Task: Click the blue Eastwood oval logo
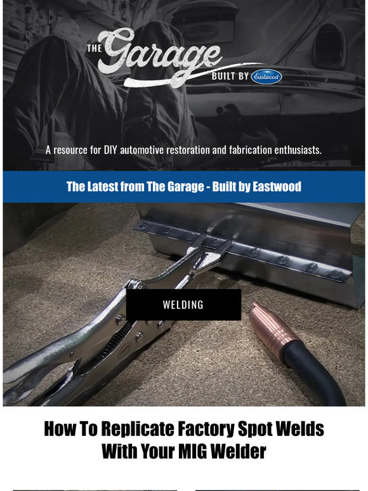266,76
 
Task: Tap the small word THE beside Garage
94,48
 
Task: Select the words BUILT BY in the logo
230,77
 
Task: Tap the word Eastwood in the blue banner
277,187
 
